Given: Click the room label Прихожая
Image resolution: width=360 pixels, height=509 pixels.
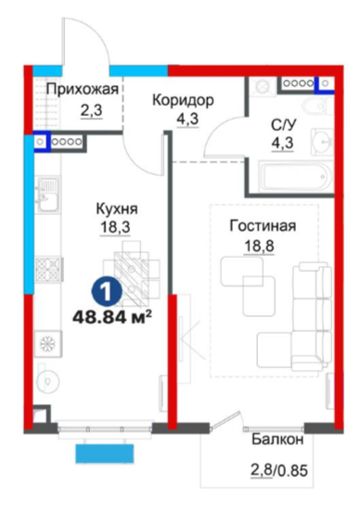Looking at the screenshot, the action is pyautogui.click(x=83, y=89).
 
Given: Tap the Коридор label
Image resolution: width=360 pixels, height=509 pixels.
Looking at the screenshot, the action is pyautogui.click(x=184, y=100).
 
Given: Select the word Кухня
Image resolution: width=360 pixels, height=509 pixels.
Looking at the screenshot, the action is pyautogui.click(x=117, y=209).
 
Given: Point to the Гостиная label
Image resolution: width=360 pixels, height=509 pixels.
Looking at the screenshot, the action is pyautogui.click(x=263, y=225).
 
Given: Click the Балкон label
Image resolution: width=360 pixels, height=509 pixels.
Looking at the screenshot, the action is pyautogui.click(x=277, y=439).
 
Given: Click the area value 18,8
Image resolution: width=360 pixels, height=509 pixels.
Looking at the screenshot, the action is pyautogui.click(x=259, y=246).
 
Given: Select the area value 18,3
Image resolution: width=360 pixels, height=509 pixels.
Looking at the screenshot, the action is pyautogui.click(x=115, y=227).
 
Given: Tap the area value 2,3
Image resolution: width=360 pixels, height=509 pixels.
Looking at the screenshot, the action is pyautogui.click(x=92, y=110).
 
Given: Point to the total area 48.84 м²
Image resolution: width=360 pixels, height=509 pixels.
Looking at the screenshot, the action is pyautogui.click(x=113, y=316).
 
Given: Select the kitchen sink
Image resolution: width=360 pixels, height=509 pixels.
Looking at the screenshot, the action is pyautogui.click(x=47, y=195).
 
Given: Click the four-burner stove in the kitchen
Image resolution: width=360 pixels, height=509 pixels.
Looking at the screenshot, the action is pyautogui.click(x=48, y=269).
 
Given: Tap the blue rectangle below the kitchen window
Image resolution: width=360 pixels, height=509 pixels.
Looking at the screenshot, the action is pyautogui.click(x=105, y=453).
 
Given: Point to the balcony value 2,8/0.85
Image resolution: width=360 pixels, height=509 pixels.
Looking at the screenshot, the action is pyautogui.click(x=279, y=470).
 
